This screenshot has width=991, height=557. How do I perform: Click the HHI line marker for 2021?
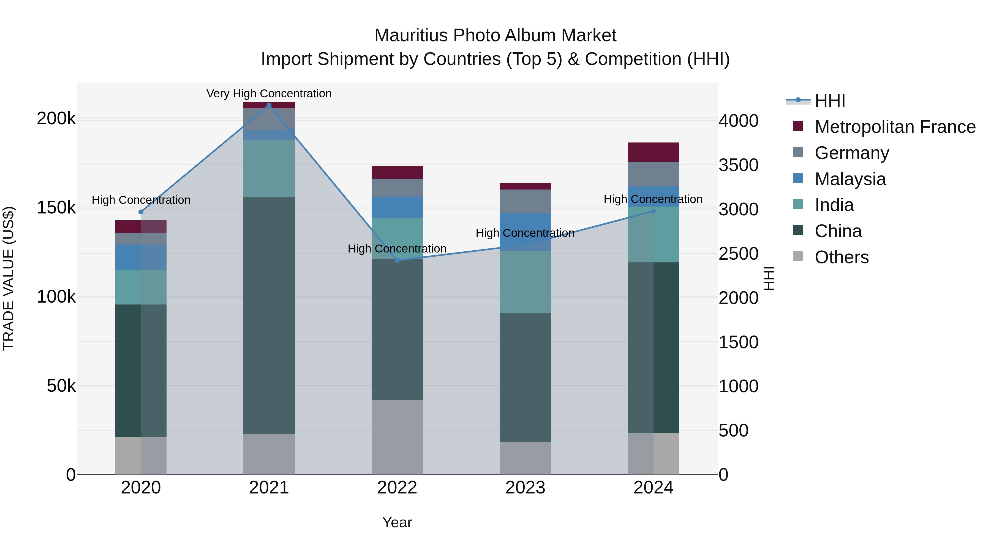point(269,105)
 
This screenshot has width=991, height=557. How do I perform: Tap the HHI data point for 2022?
point(397,261)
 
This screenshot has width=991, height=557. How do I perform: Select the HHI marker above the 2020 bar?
point(141,212)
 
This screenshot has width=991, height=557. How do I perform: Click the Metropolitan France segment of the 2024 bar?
point(653,152)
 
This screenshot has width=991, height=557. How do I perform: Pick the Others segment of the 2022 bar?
point(397,437)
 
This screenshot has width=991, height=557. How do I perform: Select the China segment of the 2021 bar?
point(269,315)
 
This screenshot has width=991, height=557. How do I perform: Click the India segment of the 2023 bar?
point(525,282)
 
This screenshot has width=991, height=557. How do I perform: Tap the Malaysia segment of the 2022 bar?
point(397,208)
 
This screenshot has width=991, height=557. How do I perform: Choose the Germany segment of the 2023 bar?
point(525,201)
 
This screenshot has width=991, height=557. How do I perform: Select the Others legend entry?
point(841,257)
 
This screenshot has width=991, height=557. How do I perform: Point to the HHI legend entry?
point(829,101)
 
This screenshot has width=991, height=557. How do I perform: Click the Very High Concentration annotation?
point(269,94)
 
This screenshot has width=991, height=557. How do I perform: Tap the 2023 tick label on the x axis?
point(525,488)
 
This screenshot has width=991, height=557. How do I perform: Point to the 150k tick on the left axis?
point(56,208)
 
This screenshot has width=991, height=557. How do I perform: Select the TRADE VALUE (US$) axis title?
point(9,278)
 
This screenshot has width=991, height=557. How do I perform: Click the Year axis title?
point(397,522)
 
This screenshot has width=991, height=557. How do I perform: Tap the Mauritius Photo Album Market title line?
point(495,35)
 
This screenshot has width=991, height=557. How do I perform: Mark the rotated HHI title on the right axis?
point(769,278)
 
